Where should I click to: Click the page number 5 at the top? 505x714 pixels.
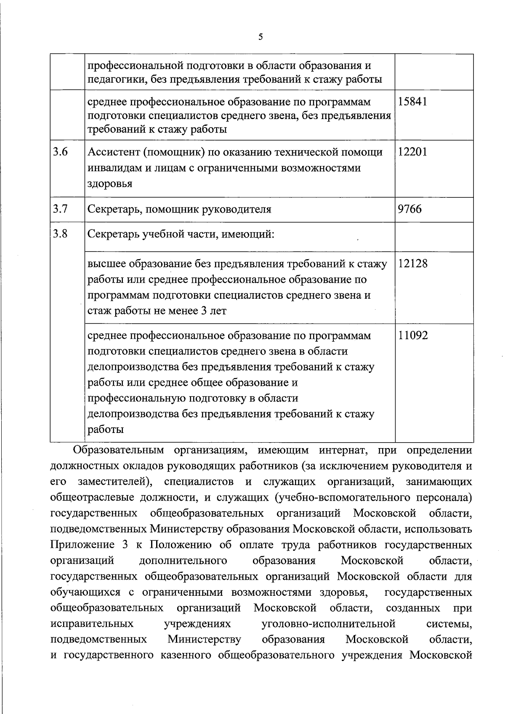click(x=260, y=37)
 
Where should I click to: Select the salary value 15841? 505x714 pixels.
click(x=412, y=102)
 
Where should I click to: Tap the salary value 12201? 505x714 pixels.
click(x=412, y=152)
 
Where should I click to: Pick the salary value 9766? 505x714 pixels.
click(x=410, y=209)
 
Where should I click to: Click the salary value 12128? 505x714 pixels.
click(x=412, y=264)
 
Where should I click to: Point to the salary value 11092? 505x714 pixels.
click(x=413, y=336)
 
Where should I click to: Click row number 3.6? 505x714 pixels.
click(x=60, y=152)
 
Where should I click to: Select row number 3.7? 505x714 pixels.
click(x=60, y=209)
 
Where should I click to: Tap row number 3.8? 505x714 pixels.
click(x=60, y=234)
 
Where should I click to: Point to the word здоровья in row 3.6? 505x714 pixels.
click(x=110, y=184)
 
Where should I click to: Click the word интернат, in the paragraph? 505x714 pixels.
click(x=343, y=451)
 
